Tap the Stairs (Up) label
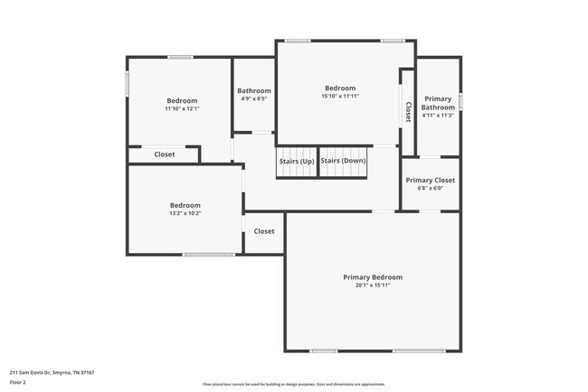(297, 161)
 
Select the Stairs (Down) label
(343, 161)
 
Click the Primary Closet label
(431, 180)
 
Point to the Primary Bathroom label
(438, 103)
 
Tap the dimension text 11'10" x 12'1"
(182, 108)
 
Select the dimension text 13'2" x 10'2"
(185, 213)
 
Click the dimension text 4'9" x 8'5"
(254, 98)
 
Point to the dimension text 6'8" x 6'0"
(431, 188)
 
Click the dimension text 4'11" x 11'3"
(438, 115)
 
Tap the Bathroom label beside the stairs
(254, 90)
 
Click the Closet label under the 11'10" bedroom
(165, 154)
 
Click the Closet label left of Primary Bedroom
(264, 231)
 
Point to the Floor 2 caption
(18, 382)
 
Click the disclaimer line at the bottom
(293, 384)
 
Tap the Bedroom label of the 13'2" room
(185, 205)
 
